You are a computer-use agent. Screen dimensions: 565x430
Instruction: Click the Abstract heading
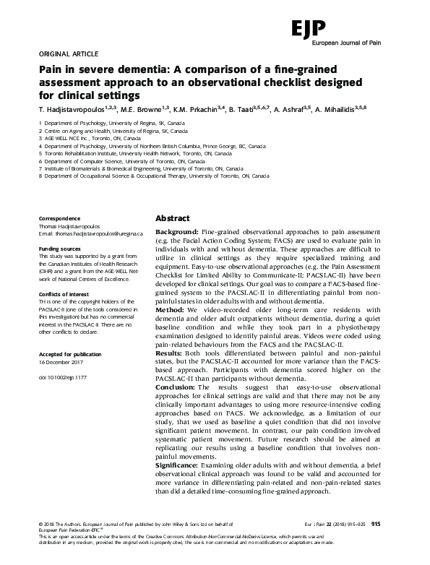(x=173, y=218)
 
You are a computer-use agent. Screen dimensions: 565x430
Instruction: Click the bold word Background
(x=179, y=231)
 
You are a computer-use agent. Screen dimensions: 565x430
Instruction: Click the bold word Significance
(x=181, y=466)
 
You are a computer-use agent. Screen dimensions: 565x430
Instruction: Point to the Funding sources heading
(x=60, y=248)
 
